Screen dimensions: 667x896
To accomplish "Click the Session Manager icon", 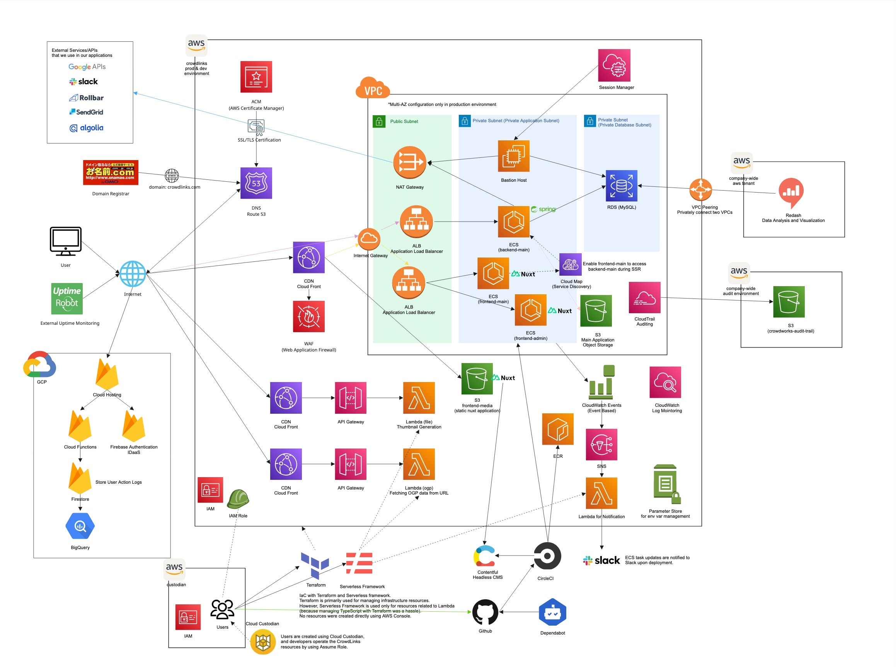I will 614,65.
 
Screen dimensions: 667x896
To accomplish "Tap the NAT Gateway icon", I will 410,162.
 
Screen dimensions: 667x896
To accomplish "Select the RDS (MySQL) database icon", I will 621,186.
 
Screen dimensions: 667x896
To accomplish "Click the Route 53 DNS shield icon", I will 256,183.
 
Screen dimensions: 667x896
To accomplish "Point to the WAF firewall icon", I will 309,317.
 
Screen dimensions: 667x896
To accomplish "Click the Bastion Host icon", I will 513,156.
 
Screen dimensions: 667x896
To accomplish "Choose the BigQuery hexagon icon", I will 80,526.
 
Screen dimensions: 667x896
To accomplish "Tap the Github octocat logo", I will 485,612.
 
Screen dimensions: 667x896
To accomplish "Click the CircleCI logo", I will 547,556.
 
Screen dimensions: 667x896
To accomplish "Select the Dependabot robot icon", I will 552,612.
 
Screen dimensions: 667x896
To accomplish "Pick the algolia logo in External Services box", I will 86,128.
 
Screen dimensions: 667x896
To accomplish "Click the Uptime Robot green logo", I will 66,299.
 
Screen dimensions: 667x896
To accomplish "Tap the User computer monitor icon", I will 65,241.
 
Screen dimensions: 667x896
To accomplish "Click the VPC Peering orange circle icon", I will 700,189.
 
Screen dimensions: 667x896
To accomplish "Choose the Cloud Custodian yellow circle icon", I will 263,641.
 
